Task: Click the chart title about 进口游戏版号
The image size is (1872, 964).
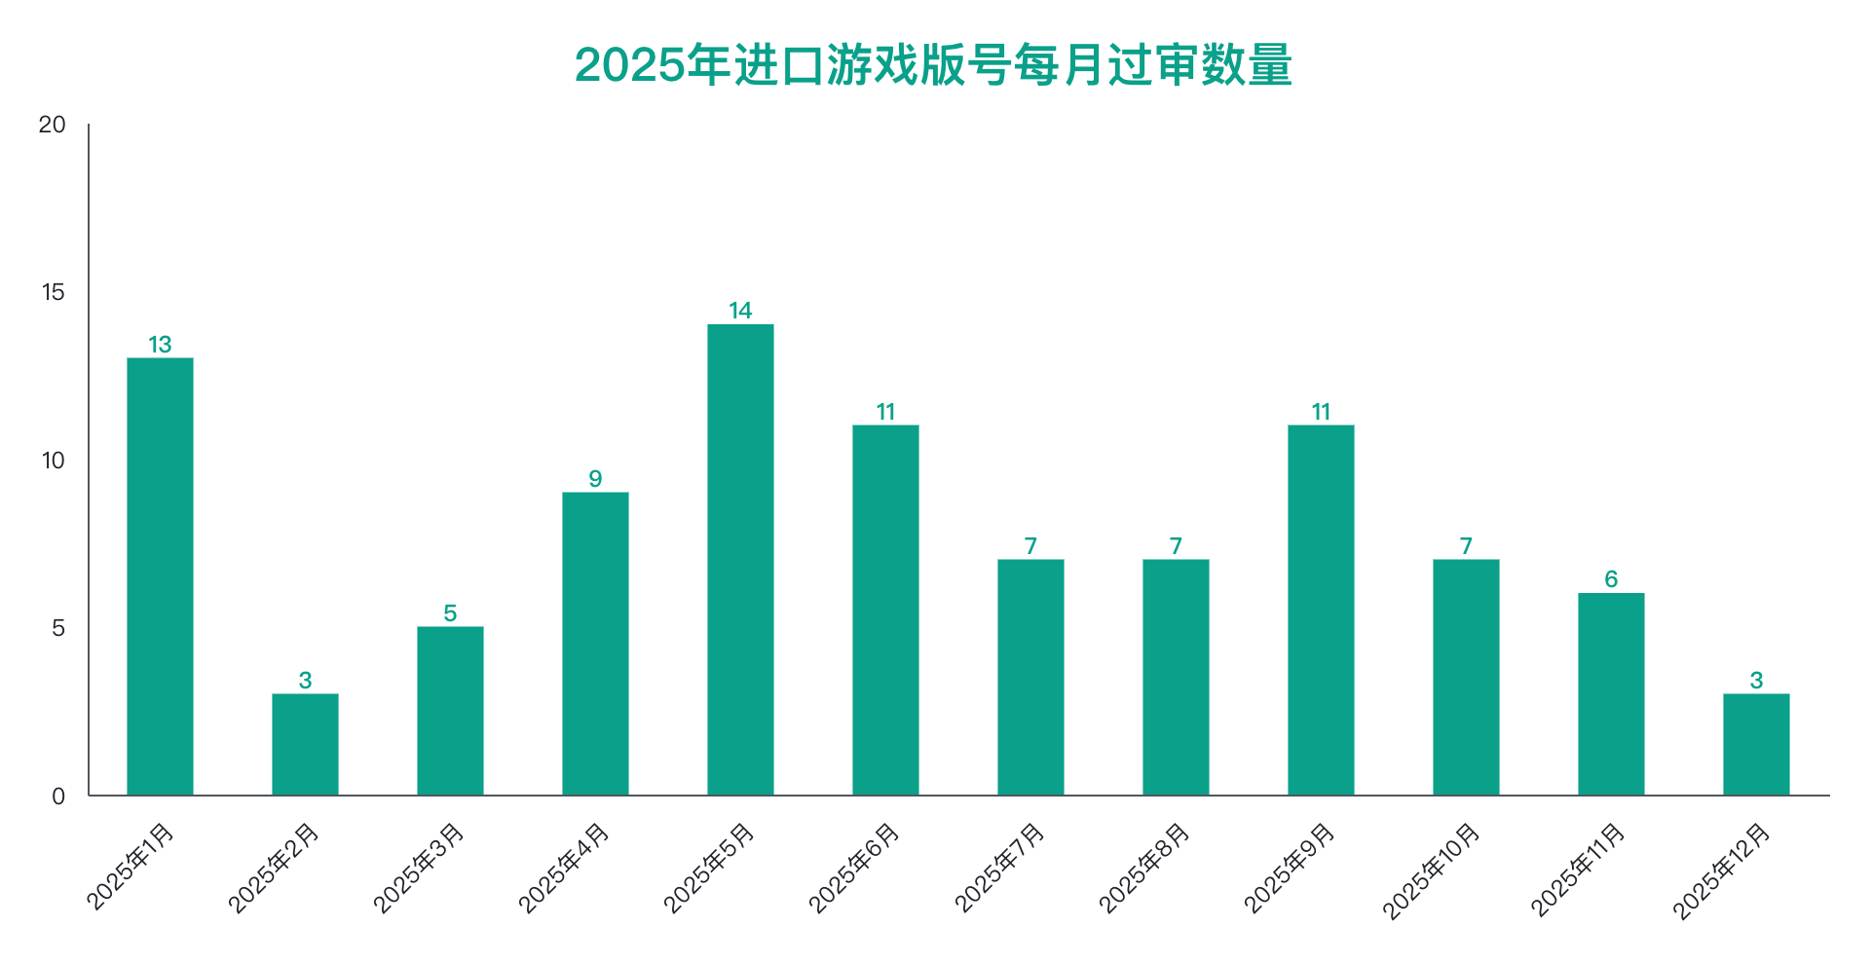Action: pos(933,65)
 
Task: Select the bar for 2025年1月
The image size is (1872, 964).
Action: pos(160,576)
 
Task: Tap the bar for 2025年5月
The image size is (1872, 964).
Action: pos(740,560)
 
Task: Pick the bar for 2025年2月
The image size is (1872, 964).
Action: pos(305,744)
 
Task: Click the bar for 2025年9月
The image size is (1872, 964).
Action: pos(1321,611)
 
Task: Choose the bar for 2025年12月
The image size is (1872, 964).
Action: pos(1756,744)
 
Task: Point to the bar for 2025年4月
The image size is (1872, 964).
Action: pos(595,644)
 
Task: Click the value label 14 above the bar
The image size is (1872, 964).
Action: pos(740,311)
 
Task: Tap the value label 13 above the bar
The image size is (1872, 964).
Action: pos(160,345)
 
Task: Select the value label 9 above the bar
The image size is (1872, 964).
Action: pos(595,479)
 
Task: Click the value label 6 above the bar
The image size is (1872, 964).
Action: pos(1611,579)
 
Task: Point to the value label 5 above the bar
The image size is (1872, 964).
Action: pos(450,613)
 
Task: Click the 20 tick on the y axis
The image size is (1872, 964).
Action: pos(53,125)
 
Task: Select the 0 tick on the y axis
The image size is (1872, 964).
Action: pos(58,797)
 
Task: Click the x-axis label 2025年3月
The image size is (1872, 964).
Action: pos(420,869)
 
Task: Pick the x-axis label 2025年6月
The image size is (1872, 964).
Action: pos(855,869)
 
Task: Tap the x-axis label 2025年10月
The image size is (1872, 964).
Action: pos(1432,871)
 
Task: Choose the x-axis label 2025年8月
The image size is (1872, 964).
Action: pos(1145,869)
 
